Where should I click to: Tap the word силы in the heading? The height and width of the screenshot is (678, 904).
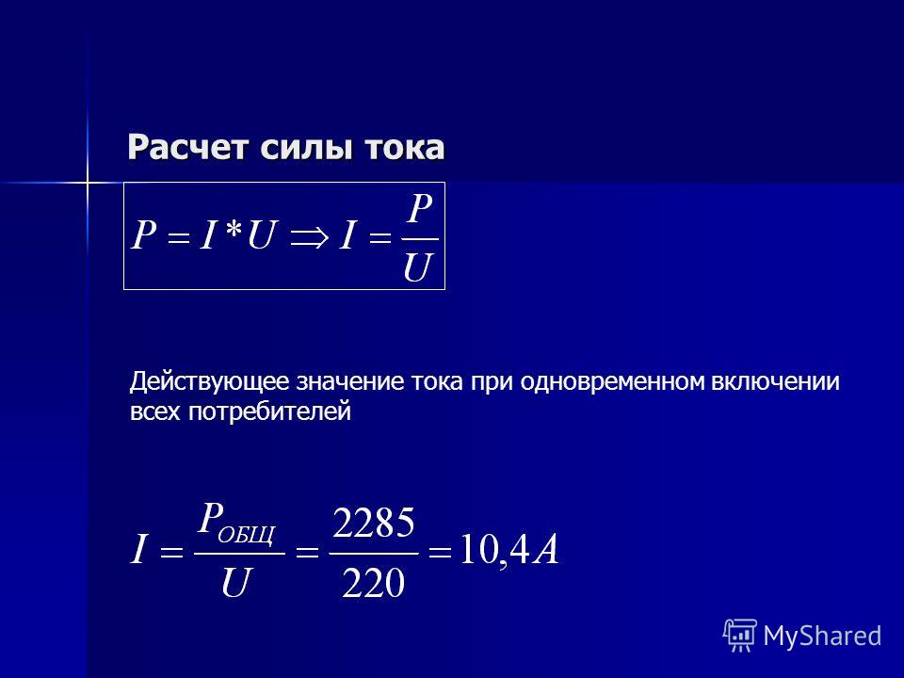[x=306, y=149]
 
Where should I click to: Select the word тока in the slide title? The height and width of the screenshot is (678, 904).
[x=404, y=149]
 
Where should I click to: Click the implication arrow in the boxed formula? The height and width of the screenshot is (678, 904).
[x=310, y=237]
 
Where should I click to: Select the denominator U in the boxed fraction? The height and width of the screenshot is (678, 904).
[x=418, y=266]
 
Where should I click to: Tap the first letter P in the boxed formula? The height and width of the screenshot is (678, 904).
[x=144, y=235]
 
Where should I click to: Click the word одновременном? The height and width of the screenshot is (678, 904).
[x=612, y=381]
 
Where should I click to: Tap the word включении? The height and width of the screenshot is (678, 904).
[x=775, y=381]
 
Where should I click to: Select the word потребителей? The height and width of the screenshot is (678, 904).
[x=270, y=412]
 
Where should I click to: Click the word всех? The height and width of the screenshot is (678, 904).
[x=155, y=412]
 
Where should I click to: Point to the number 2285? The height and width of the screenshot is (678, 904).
[x=374, y=523]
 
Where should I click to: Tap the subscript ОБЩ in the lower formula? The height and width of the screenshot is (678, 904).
[x=247, y=535]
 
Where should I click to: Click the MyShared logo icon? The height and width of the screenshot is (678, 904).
[x=740, y=636]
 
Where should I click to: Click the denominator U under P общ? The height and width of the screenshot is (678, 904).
[x=236, y=582]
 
